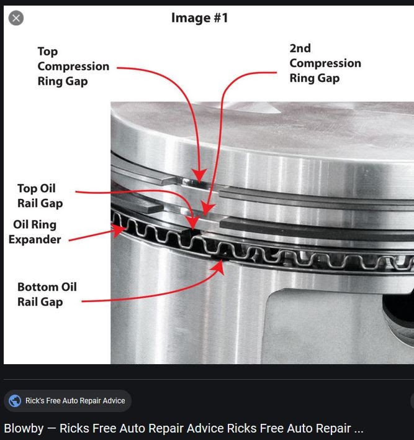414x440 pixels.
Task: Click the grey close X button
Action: (16, 18)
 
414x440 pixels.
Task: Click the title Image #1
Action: (200, 18)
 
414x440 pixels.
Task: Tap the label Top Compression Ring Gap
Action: (73, 66)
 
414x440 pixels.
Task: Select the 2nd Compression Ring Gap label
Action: (325, 63)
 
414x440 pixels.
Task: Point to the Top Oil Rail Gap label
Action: (40, 196)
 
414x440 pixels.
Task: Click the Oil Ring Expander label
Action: (35, 232)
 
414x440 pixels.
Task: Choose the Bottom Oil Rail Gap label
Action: (47, 295)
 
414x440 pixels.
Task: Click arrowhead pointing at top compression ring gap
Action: (199, 176)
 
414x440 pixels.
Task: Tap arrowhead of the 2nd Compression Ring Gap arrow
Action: (207, 209)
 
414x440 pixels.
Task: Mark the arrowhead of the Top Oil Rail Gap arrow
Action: (194, 222)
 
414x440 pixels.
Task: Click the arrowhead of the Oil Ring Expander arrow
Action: (119, 230)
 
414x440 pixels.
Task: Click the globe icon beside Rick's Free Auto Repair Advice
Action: (15, 401)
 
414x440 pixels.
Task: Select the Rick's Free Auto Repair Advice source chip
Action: (68, 401)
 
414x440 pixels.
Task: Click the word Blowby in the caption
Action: (24, 428)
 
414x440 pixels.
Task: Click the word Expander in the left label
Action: (35, 239)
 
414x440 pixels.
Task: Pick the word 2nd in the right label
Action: (300, 48)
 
